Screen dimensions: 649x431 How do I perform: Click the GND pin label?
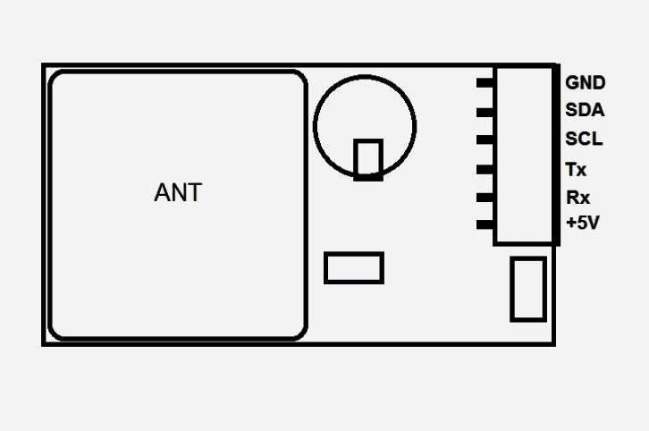[586, 83]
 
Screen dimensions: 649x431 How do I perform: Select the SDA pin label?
[585, 110]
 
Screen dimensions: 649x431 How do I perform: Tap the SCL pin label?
[584, 139]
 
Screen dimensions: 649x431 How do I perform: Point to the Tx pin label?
[576, 170]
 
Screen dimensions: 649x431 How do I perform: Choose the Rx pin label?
[577, 198]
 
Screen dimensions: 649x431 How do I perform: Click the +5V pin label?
[583, 224]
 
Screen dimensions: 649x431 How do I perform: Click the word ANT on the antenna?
[178, 192]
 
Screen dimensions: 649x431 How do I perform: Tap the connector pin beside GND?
[485, 83]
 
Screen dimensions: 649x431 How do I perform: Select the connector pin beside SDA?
[485, 112]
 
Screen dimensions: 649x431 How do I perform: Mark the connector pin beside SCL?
[485, 139]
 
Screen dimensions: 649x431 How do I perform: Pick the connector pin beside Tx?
[485, 169]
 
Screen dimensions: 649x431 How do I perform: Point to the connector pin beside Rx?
[485, 198]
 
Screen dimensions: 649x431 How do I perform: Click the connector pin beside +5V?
[485, 224]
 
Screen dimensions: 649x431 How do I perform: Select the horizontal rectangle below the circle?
[354, 253]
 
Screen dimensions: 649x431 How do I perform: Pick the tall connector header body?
[495, 156]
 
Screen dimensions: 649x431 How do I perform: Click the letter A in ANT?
[163, 192]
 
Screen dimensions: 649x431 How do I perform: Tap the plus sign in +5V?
[571, 224]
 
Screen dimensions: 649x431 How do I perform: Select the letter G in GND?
[572, 83]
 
